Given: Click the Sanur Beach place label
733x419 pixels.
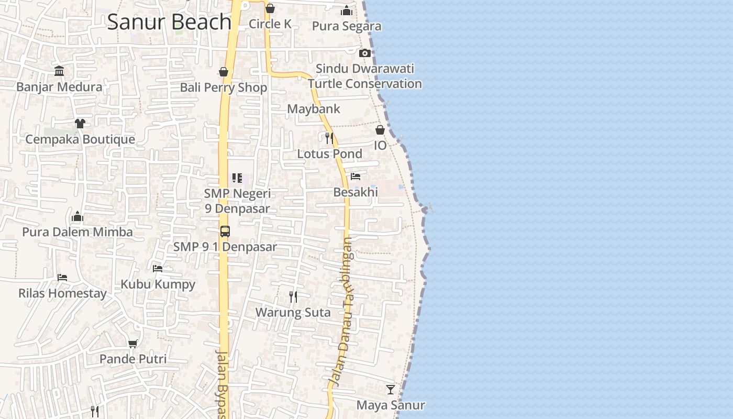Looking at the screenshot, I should click(x=169, y=22).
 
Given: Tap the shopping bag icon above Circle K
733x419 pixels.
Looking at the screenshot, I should click(x=270, y=8).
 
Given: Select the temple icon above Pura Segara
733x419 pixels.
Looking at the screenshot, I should click(x=347, y=10).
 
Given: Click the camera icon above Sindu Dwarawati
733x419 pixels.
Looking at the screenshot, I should click(x=365, y=53).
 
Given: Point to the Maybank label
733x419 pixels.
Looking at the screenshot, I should click(x=314, y=109).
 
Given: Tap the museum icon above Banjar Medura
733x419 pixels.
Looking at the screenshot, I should click(x=59, y=71).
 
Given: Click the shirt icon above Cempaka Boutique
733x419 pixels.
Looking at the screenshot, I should click(x=80, y=123).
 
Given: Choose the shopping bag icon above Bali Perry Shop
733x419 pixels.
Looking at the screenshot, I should click(x=224, y=72).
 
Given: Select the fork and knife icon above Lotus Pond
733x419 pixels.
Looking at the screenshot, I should click(x=329, y=138).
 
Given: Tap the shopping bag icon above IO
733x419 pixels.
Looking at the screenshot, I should click(x=380, y=130).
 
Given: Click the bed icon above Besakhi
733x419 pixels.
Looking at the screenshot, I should click(x=356, y=177).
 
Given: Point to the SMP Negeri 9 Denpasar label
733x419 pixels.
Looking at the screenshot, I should click(x=237, y=201).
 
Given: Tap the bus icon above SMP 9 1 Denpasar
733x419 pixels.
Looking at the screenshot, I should click(x=225, y=231).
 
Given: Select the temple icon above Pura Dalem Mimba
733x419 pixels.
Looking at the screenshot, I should click(x=77, y=216).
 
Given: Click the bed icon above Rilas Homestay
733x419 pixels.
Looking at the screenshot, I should click(x=62, y=278).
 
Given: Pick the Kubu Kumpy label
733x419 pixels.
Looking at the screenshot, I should click(x=158, y=284).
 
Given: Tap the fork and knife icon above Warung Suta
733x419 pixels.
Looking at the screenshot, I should click(x=293, y=297).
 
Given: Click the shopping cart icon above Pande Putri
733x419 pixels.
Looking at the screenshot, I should click(x=133, y=344).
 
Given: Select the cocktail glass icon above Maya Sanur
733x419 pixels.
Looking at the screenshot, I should click(x=391, y=389).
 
